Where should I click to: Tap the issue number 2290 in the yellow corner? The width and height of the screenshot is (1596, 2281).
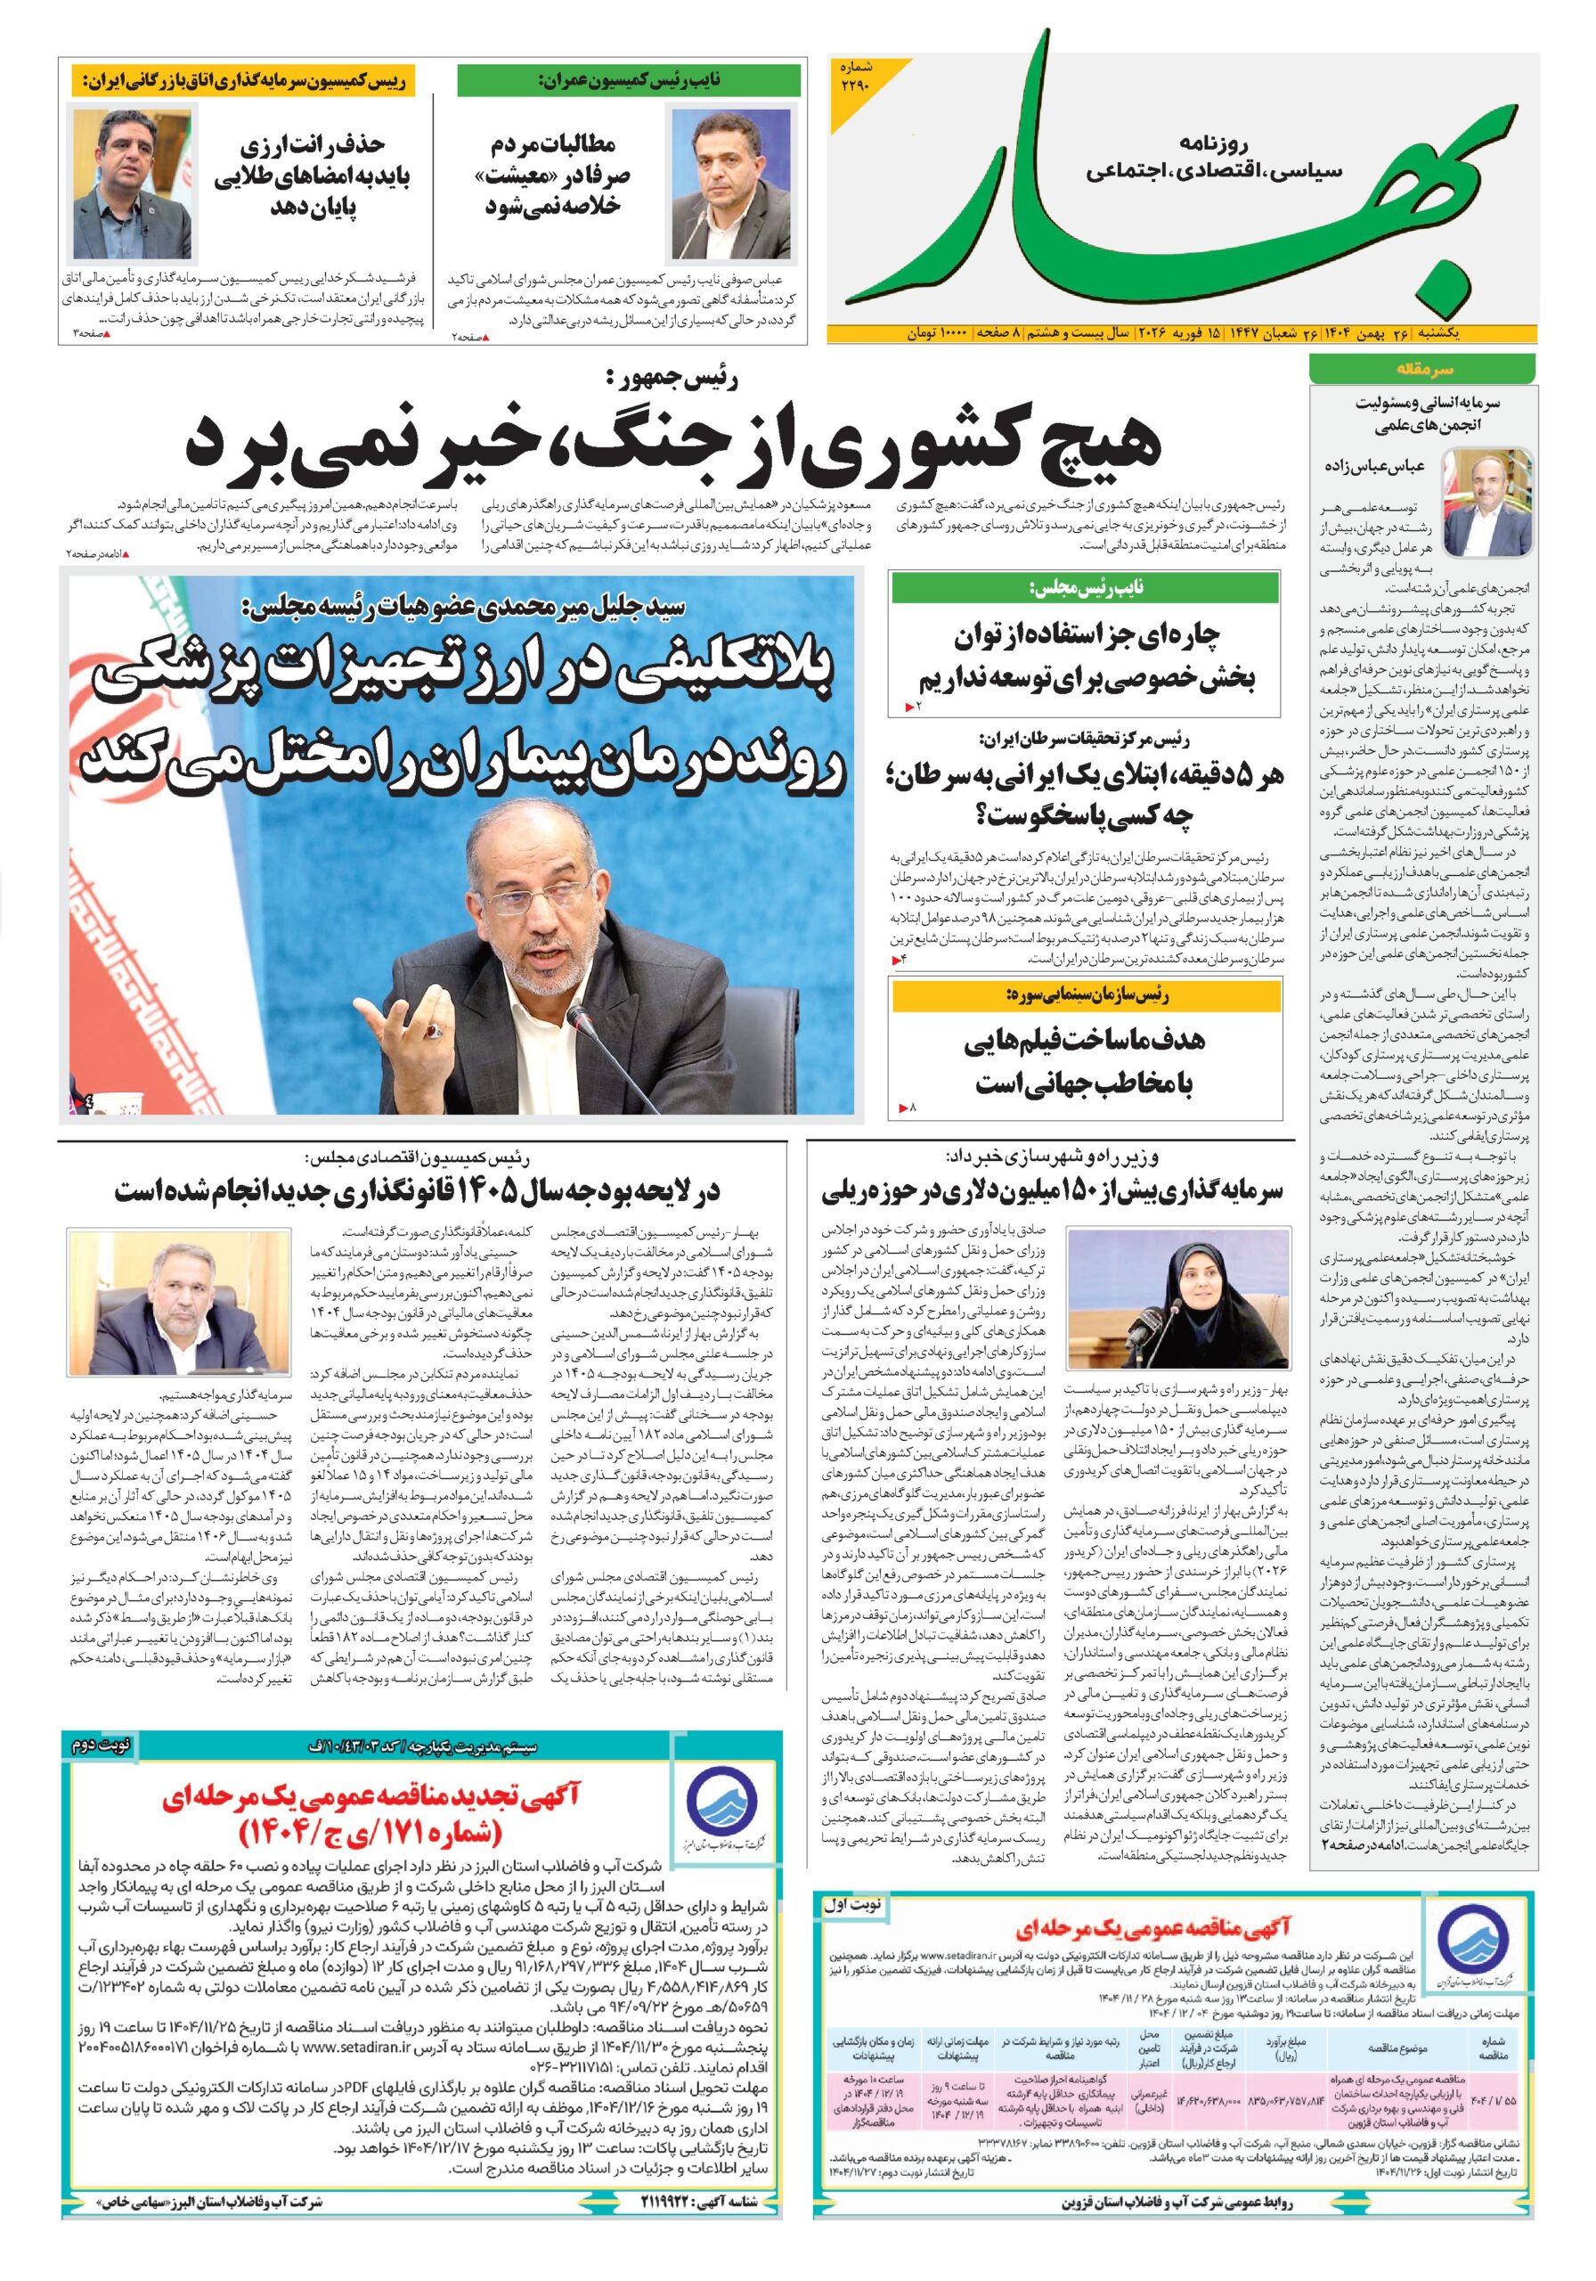(853, 78)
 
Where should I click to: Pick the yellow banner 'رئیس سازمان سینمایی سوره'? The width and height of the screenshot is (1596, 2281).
(1086, 994)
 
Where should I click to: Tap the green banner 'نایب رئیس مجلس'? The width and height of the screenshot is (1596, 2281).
(1086, 588)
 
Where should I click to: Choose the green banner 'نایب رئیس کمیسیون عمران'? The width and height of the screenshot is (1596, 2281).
(628, 80)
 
